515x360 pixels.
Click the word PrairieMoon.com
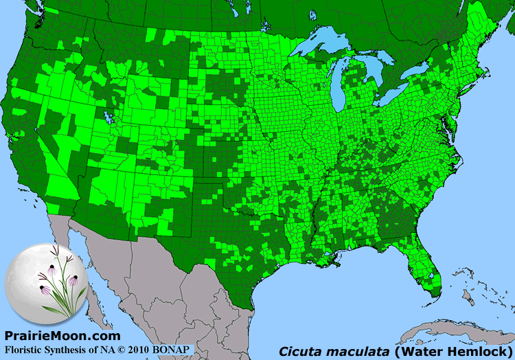pyautogui.click(x=62, y=336)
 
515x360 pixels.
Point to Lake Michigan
pyautogui.click(x=339, y=82)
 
